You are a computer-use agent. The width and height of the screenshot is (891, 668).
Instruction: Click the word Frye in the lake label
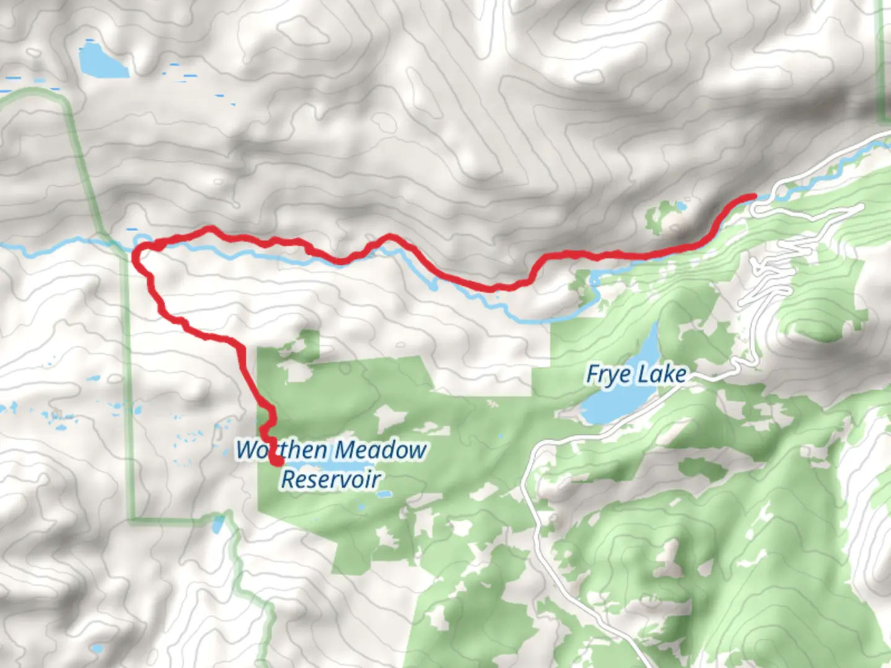pos(609,375)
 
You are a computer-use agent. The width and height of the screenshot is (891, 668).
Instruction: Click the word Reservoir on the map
pos(331,479)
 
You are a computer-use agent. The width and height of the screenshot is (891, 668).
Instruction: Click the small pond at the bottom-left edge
pos(97,649)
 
